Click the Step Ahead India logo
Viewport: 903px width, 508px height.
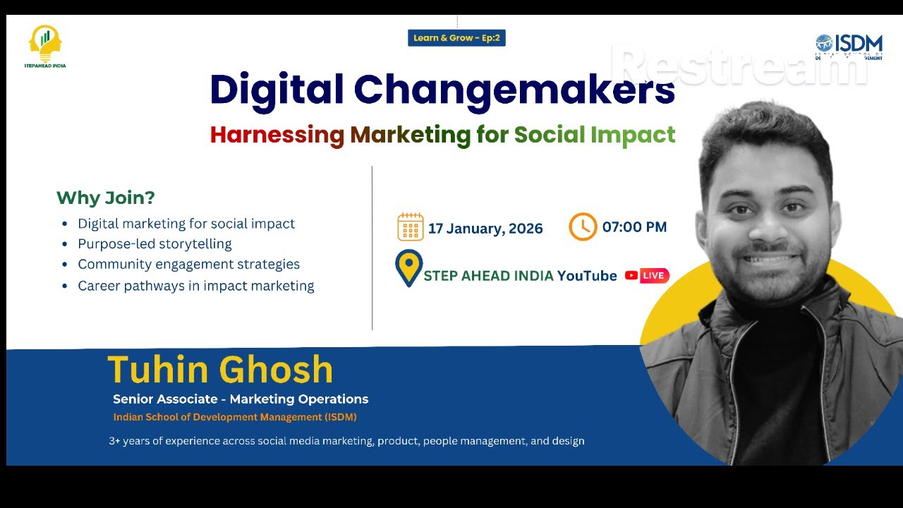45,46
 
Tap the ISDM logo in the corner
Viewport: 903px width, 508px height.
849,47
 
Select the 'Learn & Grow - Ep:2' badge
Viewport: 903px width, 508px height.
456,38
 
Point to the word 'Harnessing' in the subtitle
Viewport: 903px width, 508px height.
277,134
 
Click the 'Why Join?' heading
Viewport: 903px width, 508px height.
105,198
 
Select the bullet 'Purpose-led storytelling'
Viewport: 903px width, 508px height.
154,244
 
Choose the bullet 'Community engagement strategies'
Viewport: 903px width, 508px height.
188,265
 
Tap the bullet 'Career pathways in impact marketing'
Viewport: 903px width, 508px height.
195,286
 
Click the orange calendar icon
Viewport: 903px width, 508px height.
411,227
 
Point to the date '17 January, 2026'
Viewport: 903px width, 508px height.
485,228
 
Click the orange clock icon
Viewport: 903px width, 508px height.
583,226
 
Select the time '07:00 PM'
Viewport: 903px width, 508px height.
634,227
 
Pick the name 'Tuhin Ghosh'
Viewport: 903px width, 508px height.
220,370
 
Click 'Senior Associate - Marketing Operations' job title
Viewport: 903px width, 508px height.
241,399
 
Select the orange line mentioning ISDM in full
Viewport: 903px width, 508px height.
235,417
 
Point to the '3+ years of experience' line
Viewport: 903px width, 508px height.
346,441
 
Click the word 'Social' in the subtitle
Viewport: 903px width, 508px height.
550,134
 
